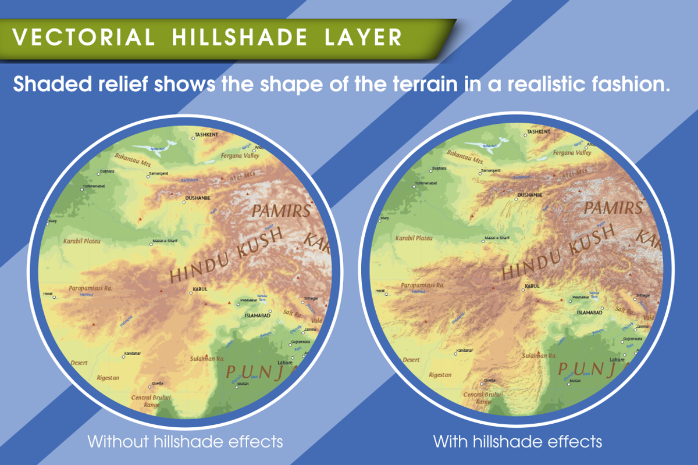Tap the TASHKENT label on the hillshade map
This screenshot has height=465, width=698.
(539, 132)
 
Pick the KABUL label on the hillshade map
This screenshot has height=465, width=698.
(532, 286)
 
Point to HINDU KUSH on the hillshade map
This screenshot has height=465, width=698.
(558, 253)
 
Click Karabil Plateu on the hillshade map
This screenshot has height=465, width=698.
(414, 238)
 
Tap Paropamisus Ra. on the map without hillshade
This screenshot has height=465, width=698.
(90, 287)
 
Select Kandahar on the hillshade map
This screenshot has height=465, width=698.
(464, 351)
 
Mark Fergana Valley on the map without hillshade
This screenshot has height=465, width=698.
(240, 156)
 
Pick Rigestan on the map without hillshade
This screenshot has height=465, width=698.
(108, 378)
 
